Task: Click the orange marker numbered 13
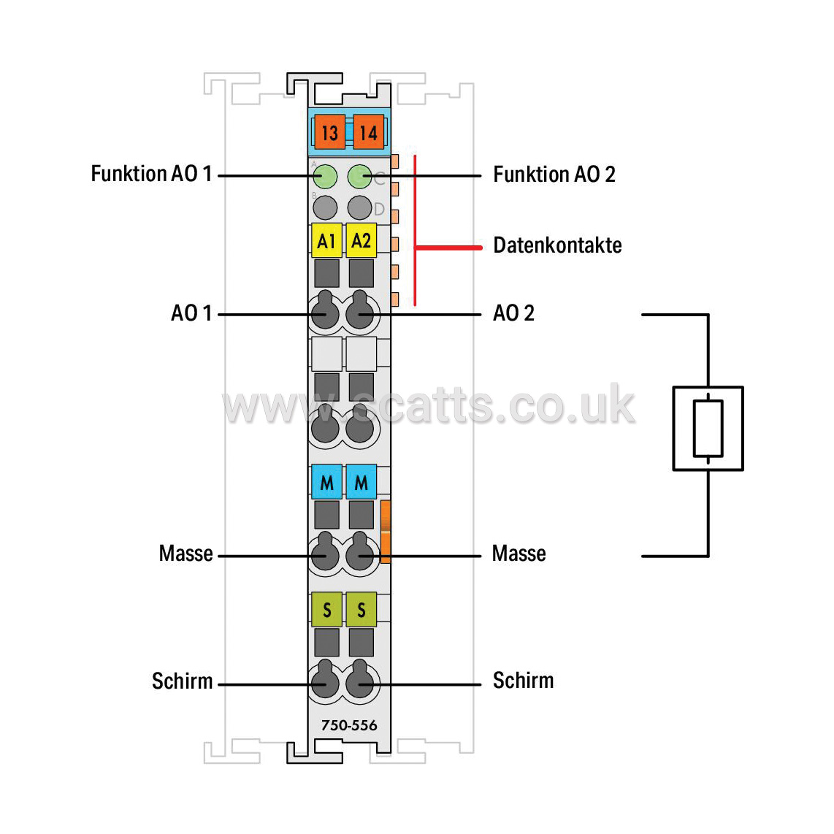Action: (329, 132)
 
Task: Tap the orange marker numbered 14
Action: (368, 132)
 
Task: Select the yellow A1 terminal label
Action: (326, 241)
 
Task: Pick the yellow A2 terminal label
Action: (361, 241)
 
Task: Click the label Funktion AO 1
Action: (152, 174)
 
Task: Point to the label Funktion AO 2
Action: (554, 175)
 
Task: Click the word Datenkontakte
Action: (557, 245)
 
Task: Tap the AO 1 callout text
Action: (191, 313)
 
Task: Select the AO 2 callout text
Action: (514, 313)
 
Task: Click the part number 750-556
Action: (349, 725)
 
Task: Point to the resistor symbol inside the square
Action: (708, 428)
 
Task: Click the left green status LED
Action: (325, 177)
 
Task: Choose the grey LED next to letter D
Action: (359, 207)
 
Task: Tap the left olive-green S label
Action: (326, 610)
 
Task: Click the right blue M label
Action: (361, 482)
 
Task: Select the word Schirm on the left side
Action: (183, 681)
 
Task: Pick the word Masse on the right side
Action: (519, 554)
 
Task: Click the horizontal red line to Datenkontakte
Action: (448, 248)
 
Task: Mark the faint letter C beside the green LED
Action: (379, 179)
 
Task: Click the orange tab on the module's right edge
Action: (386, 532)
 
